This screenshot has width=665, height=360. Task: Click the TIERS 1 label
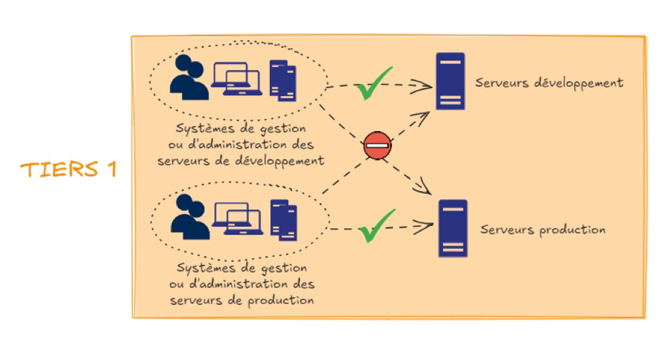click(68, 170)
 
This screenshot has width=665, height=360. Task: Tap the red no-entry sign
click(377, 145)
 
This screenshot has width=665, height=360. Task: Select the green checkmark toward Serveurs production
click(377, 225)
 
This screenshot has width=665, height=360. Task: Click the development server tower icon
click(451, 81)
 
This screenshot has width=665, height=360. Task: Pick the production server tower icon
click(453, 228)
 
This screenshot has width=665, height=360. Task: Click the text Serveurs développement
click(549, 83)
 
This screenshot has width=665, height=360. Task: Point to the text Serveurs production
click(542, 229)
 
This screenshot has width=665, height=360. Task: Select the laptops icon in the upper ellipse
click(237, 80)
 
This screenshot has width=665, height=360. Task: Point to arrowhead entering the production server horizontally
click(426, 227)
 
